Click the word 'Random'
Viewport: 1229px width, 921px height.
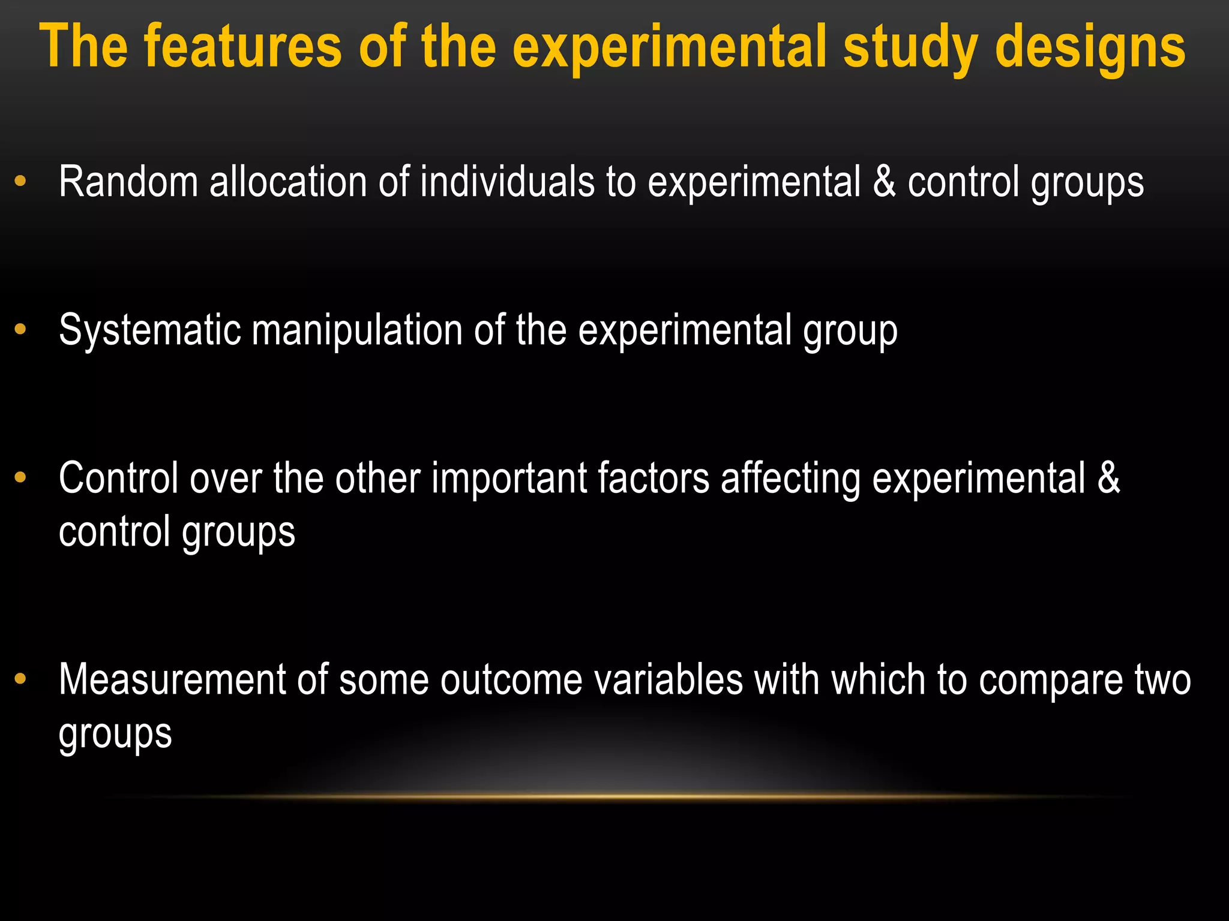(128, 182)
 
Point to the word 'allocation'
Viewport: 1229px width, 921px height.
(288, 182)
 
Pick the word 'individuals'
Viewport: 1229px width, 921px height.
(507, 182)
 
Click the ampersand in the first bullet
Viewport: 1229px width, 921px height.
(885, 182)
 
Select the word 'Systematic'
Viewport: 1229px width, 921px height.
(150, 330)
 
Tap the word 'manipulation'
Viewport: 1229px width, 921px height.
(357, 330)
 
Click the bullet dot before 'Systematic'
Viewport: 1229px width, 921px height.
(20, 329)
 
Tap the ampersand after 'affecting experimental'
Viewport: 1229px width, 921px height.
(1108, 478)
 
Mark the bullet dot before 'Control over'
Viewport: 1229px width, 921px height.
(20, 477)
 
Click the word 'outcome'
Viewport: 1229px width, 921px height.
(511, 680)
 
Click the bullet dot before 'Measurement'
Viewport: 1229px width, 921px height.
(20, 679)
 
